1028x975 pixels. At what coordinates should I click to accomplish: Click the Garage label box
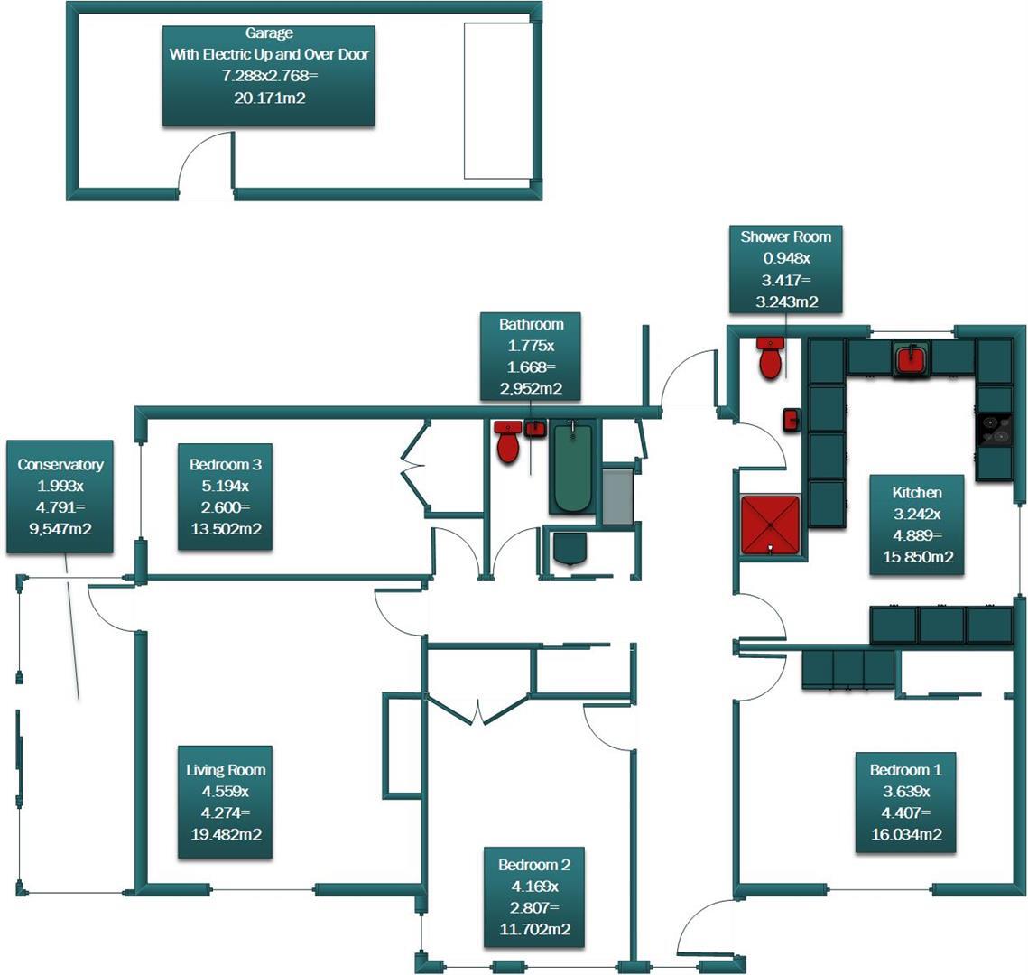[x=268, y=76]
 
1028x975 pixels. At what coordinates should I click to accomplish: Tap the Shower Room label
[x=785, y=269]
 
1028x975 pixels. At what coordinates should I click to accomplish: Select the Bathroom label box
[x=531, y=356]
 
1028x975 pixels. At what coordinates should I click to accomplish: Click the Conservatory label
[x=60, y=497]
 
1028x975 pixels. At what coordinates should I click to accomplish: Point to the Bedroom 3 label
[x=225, y=497]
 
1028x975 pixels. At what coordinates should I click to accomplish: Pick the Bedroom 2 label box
[x=533, y=896]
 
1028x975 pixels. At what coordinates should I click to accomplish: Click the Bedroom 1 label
[x=905, y=802]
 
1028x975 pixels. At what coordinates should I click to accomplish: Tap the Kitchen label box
[x=916, y=525]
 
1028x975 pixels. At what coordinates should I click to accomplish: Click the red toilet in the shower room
[x=770, y=358]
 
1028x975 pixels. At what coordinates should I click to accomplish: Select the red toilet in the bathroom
[x=509, y=441]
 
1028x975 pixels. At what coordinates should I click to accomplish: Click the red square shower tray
[x=770, y=524]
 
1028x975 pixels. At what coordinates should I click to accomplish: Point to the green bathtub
[x=571, y=466]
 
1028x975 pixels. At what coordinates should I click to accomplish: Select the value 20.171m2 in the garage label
[x=269, y=97]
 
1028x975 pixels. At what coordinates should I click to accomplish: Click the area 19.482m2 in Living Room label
[x=226, y=834]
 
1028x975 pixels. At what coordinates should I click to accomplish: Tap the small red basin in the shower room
[x=791, y=419]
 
